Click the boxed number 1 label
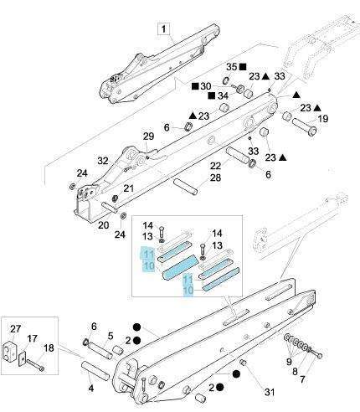coord(163,29)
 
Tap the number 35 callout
coord(232,67)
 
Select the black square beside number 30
coord(195,86)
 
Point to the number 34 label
coord(223,95)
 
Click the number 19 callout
coord(323,119)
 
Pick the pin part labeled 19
coord(305,126)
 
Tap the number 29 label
coord(148,136)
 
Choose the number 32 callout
coord(103,161)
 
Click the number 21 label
coord(129,188)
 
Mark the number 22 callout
coord(215,166)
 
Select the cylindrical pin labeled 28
coord(186,187)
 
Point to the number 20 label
coord(103,224)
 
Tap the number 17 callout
coord(32,338)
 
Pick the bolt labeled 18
coord(35,365)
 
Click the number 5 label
coord(111,336)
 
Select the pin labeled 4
coord(94,370)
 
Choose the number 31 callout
coord(270,392)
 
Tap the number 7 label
coord(302,379)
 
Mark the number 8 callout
coord(296,372)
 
